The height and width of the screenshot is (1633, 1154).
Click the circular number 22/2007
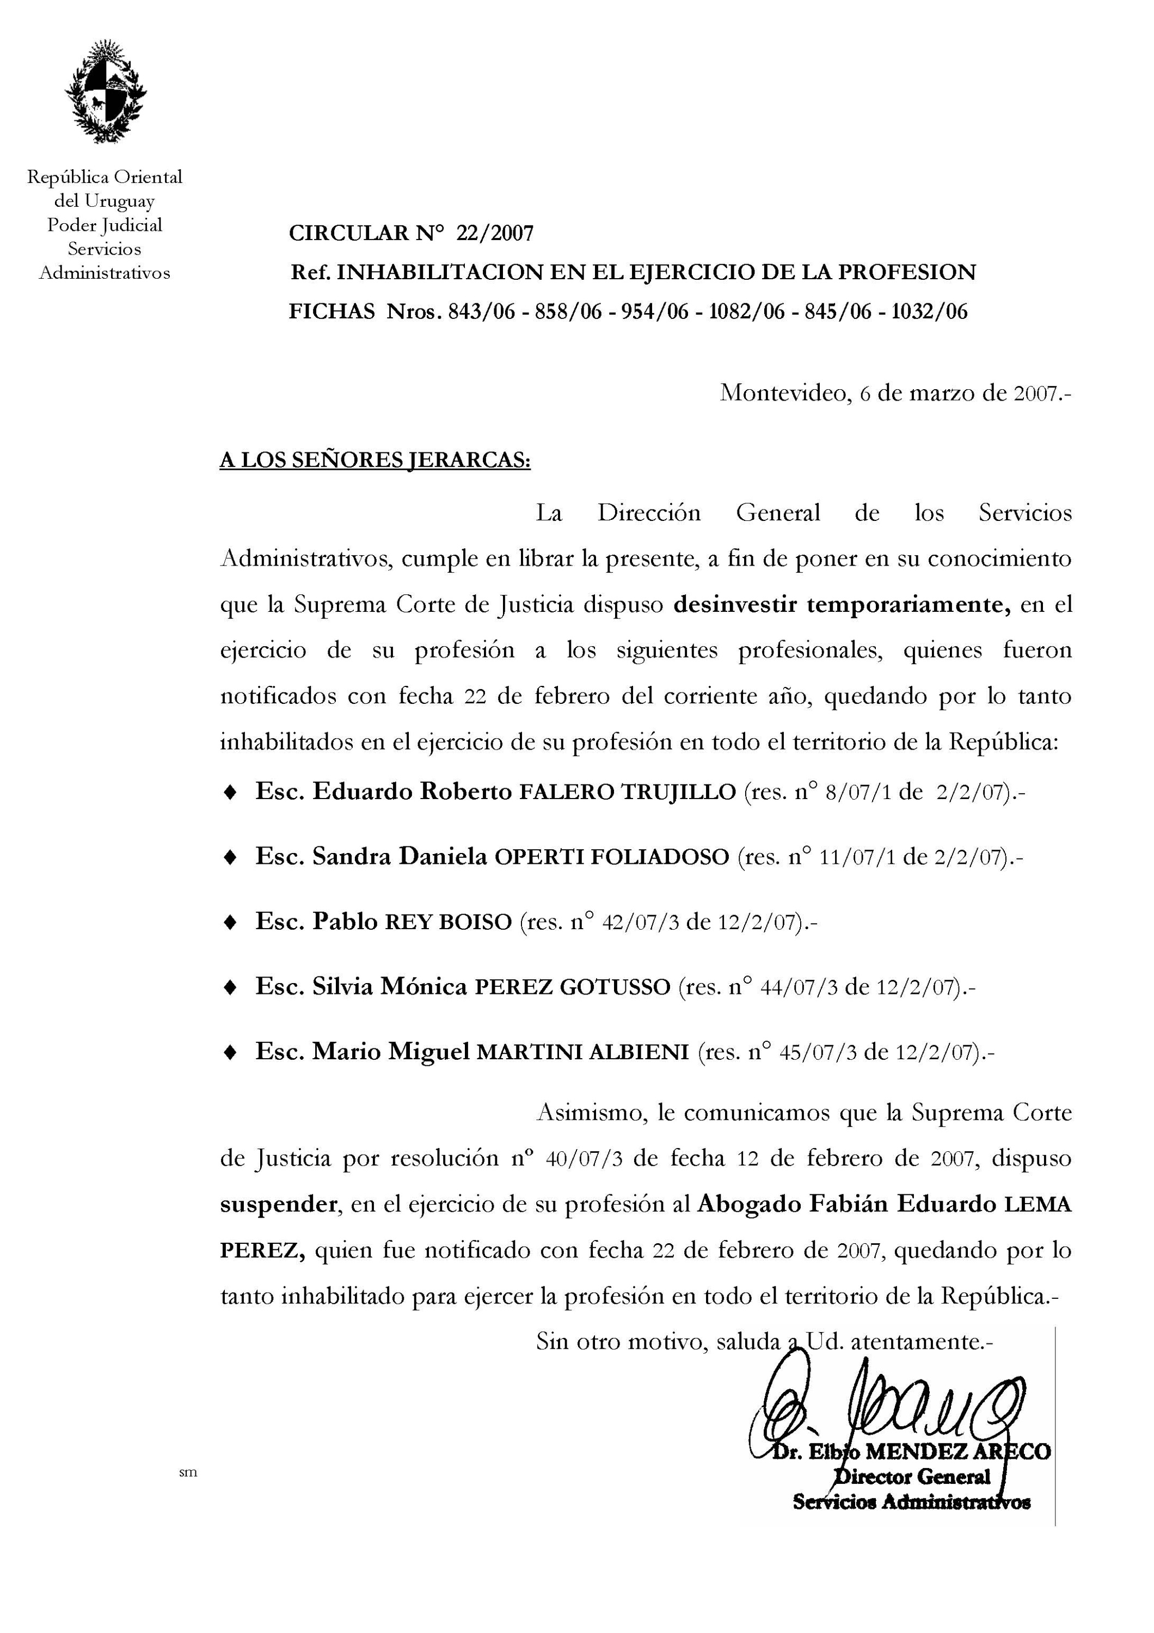click(x=495, y=234)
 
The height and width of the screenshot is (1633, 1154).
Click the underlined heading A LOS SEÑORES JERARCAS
click(x=375, y=461)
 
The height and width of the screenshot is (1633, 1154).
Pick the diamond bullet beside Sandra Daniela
click(x=230, y=857)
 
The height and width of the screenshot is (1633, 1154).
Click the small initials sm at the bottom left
click(x=188, y=1473)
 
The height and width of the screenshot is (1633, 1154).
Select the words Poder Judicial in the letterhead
click(x=105, y=225)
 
